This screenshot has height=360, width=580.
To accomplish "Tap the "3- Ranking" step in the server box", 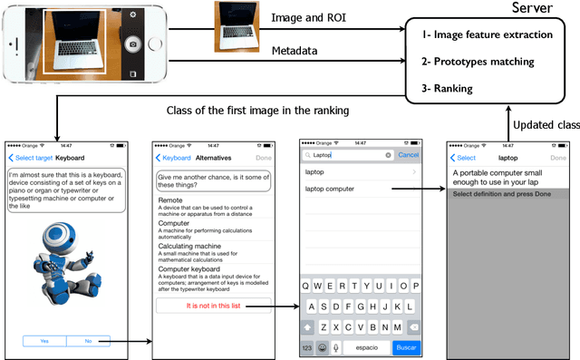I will click(x=454, y=88).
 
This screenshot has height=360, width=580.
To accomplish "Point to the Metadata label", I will click(x=295, y=53).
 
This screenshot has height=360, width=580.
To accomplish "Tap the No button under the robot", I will click(x=89, y=341).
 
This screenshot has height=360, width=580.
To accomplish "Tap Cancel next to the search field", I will click(x=408, y=155).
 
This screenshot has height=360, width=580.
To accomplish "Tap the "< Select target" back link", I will click(x=28, y=155).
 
